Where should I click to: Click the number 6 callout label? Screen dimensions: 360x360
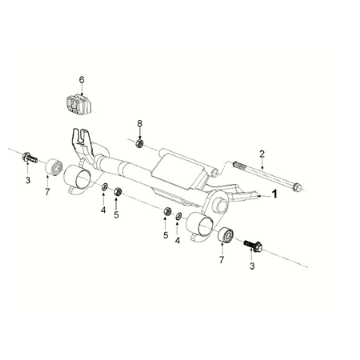pos(83,78)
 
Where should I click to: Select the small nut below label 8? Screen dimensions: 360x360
pos(140,140)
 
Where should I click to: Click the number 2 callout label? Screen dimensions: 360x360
pos(262,153)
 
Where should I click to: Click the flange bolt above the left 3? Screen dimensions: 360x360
pos(29,157)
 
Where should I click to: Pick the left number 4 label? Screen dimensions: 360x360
pos(103,210)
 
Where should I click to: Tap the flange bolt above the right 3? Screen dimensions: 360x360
pos(251,242)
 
